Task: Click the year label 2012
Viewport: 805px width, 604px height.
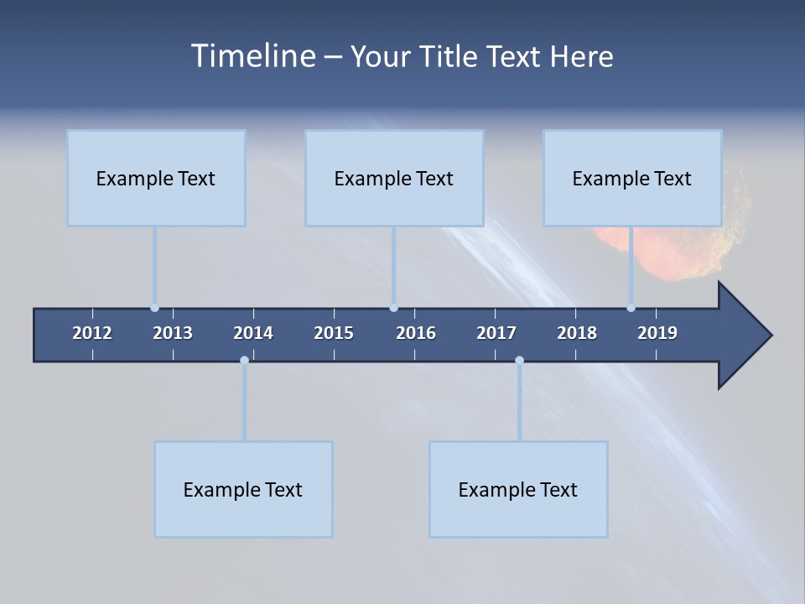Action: (x=92, y=333)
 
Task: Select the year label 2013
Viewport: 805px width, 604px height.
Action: (x=173, y=333)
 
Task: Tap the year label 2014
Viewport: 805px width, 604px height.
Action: (x=253, y=333)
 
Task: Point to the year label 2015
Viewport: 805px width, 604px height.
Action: (x=334, y=333)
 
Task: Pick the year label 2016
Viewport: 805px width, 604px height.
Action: (x=416, y=333)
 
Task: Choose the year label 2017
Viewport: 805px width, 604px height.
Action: (x=496, y=333)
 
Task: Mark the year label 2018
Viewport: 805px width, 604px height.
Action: (x=577, y=333)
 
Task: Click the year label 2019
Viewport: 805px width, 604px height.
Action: (x=657, y=333)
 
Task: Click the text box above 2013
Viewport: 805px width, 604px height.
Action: (x=156, y=178)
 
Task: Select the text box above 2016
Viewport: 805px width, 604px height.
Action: (x=394, y=178)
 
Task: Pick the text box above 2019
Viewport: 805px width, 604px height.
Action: (x=632, y=178)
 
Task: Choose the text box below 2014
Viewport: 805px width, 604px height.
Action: (x=243, y=489)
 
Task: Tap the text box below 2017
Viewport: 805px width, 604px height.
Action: (x=518, y=489)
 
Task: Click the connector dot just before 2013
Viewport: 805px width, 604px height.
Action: (x=155, y=308)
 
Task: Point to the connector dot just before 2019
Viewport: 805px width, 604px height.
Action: (x=631, y=308)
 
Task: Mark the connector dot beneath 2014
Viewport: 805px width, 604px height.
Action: (x=244, y=360)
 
